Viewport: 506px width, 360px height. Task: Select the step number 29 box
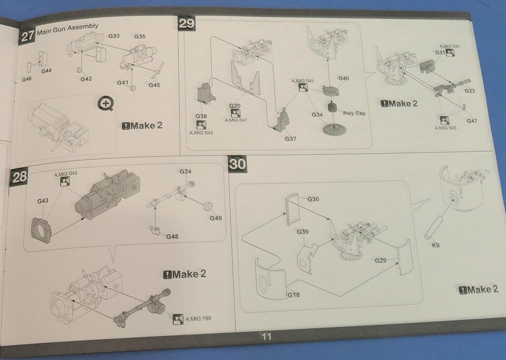(x=186, y=23)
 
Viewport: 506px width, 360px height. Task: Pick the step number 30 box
(x=237, y=164)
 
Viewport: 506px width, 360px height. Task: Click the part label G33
(x=114, y=36)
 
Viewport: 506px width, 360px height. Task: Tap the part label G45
(x=154, y=85)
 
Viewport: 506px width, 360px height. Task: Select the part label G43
(x=43, y=201)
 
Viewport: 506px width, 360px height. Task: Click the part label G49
(x=216, y=218)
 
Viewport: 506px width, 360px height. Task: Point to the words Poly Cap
(x=354, y=113)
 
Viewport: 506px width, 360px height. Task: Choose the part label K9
(x=436, y=246)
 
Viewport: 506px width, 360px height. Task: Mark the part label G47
(x=472, y=121)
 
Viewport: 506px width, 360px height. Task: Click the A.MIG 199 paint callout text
(x=198, y=319)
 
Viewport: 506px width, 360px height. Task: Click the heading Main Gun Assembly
(x=67, y=26)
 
